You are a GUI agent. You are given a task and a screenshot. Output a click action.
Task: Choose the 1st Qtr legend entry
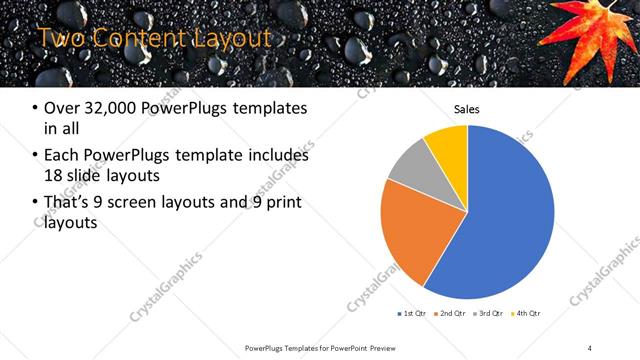413,314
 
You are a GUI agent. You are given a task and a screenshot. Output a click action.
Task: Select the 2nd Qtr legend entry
452,314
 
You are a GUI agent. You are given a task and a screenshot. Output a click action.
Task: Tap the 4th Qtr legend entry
527,314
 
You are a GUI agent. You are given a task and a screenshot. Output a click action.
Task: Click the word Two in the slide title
59,39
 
